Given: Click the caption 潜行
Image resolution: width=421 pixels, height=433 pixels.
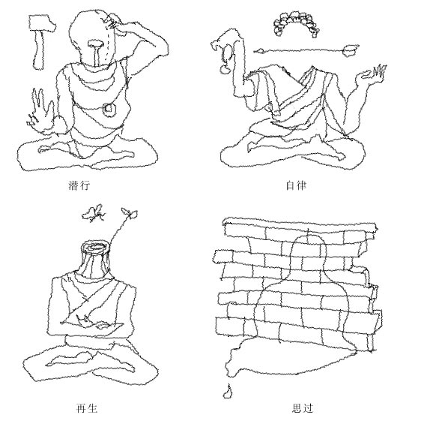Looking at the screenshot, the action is pos(79,185).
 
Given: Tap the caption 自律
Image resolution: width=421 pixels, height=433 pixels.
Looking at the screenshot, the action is pos(296,185).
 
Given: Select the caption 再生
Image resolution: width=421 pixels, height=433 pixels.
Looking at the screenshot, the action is pos(87,408).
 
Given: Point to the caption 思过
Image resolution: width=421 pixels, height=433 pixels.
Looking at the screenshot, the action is pos(303,408).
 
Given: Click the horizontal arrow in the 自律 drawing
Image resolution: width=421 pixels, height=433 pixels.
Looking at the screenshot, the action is pos(306,50).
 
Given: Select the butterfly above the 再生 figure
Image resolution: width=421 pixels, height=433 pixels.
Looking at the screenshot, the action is pos(94,213).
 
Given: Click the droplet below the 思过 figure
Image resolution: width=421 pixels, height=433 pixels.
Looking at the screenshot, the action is pos(227,392).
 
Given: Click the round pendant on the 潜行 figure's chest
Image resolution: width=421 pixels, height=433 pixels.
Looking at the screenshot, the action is pos(109,109).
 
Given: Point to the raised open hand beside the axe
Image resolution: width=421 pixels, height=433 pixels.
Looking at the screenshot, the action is pos(41,113).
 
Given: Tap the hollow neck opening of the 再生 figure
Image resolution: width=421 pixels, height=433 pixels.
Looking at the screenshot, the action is pos(96,247).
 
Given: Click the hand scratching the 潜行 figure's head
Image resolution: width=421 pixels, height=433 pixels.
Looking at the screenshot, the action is pos(112,21).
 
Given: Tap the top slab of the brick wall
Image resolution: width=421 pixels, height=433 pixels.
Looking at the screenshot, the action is pos(300,224).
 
